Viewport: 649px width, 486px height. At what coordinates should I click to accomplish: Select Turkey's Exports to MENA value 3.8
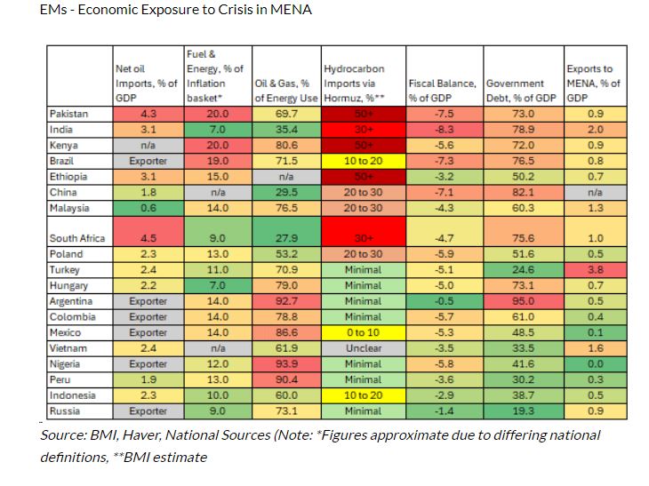click(593, 269)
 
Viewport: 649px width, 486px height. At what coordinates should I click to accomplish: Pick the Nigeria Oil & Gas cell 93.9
click(287, 364)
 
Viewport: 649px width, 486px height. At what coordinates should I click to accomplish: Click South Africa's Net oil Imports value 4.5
click(148, 238)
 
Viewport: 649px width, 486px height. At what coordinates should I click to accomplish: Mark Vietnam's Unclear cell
click(363, 348)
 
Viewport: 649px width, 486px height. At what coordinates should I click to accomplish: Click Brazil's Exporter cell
click(148, 161)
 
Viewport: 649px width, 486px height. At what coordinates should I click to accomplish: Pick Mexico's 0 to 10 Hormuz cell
click(363, 332)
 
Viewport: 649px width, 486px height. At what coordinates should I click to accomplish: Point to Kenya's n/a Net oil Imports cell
click(148, 145)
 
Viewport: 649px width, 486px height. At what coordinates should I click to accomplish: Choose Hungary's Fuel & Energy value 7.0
click(217, 285)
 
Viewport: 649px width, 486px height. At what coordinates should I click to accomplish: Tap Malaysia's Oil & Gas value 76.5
click(287, 207)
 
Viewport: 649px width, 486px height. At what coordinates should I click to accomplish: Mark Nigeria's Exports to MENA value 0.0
click(593, 364)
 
